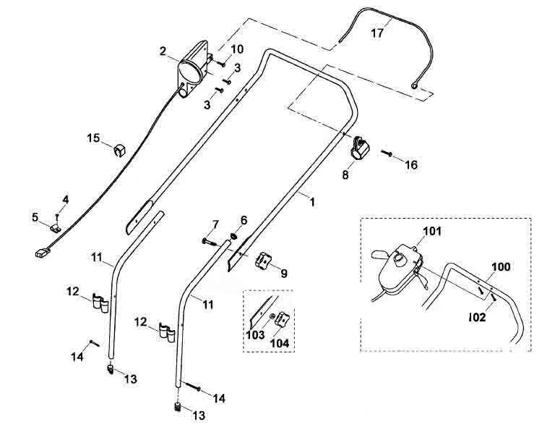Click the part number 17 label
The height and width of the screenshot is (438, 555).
[377, 33]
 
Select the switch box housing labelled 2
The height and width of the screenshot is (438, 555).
[194, 70]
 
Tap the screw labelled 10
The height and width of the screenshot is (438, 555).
[221, 64]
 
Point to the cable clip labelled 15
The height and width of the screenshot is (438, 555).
[119, 150]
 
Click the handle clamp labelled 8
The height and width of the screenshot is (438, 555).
[359, 148]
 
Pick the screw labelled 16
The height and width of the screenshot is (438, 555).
[386, 153]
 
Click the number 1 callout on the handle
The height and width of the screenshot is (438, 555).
[312, 202]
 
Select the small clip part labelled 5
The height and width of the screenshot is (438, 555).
[55, 228]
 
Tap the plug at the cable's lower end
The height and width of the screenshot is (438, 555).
[43, 253]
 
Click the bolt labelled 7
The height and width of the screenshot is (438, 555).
[210, 243]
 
